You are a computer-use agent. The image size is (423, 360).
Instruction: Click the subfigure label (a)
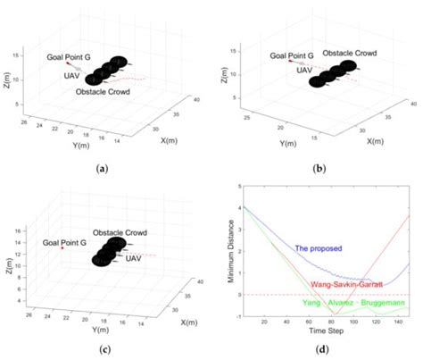coord(106,167)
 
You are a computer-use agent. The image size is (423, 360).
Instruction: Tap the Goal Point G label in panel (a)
coord(70,56)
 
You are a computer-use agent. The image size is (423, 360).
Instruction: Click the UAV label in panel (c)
coord(135,258)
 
